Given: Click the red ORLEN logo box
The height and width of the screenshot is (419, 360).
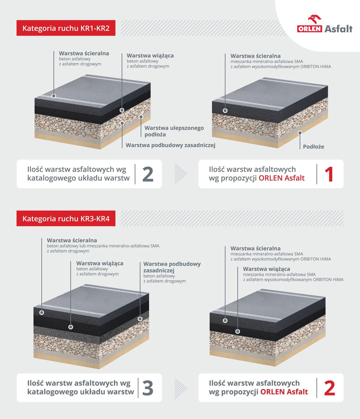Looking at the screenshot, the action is (310, 29).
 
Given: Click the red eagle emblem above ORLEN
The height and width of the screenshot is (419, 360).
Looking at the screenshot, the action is (314, 19).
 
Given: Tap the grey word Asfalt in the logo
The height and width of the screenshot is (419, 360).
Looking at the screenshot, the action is (338, 29).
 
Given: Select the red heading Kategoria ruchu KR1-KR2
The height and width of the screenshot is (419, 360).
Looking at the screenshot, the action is (66, 28).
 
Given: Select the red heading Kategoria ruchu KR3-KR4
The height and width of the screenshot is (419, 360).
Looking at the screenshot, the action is (66, 219).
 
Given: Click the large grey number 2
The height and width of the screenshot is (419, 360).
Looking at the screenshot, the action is (148, 174).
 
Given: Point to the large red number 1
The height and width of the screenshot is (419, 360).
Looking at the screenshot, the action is (329, 174).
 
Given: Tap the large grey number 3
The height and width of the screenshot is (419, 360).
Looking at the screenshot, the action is (148, 388).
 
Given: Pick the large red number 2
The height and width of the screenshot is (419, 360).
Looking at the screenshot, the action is (329, 388).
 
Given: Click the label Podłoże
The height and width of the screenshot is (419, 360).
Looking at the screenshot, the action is (313, 147).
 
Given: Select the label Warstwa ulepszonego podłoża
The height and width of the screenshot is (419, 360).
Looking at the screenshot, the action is (174, 131).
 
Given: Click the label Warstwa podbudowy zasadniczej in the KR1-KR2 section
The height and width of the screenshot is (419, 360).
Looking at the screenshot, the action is (170, 145).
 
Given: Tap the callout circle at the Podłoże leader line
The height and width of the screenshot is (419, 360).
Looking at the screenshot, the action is (300, 133).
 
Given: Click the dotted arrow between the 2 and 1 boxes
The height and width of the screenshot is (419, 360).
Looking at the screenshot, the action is (181, 174).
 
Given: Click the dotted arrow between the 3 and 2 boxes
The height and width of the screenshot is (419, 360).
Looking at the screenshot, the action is (181, 388).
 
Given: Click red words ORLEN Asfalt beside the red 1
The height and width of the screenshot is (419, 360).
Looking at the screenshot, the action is (282, 178).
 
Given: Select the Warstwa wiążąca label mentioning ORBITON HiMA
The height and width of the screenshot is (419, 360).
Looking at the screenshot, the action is (293, 274).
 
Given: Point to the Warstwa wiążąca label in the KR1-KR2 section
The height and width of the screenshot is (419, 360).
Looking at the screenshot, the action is (150, 61).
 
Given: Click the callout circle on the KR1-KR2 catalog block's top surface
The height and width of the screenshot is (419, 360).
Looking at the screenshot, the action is (54, 96).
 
